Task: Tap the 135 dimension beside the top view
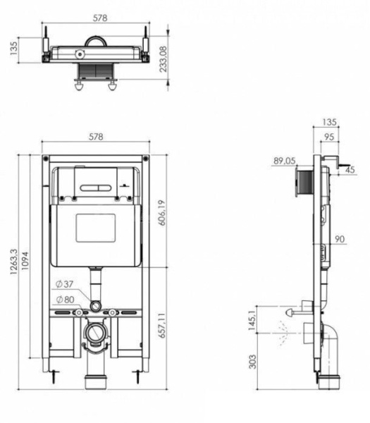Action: (13, 48)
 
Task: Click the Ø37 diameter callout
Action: (63, 286)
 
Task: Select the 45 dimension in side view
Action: (350, 169)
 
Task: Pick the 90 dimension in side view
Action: (340, 240)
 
